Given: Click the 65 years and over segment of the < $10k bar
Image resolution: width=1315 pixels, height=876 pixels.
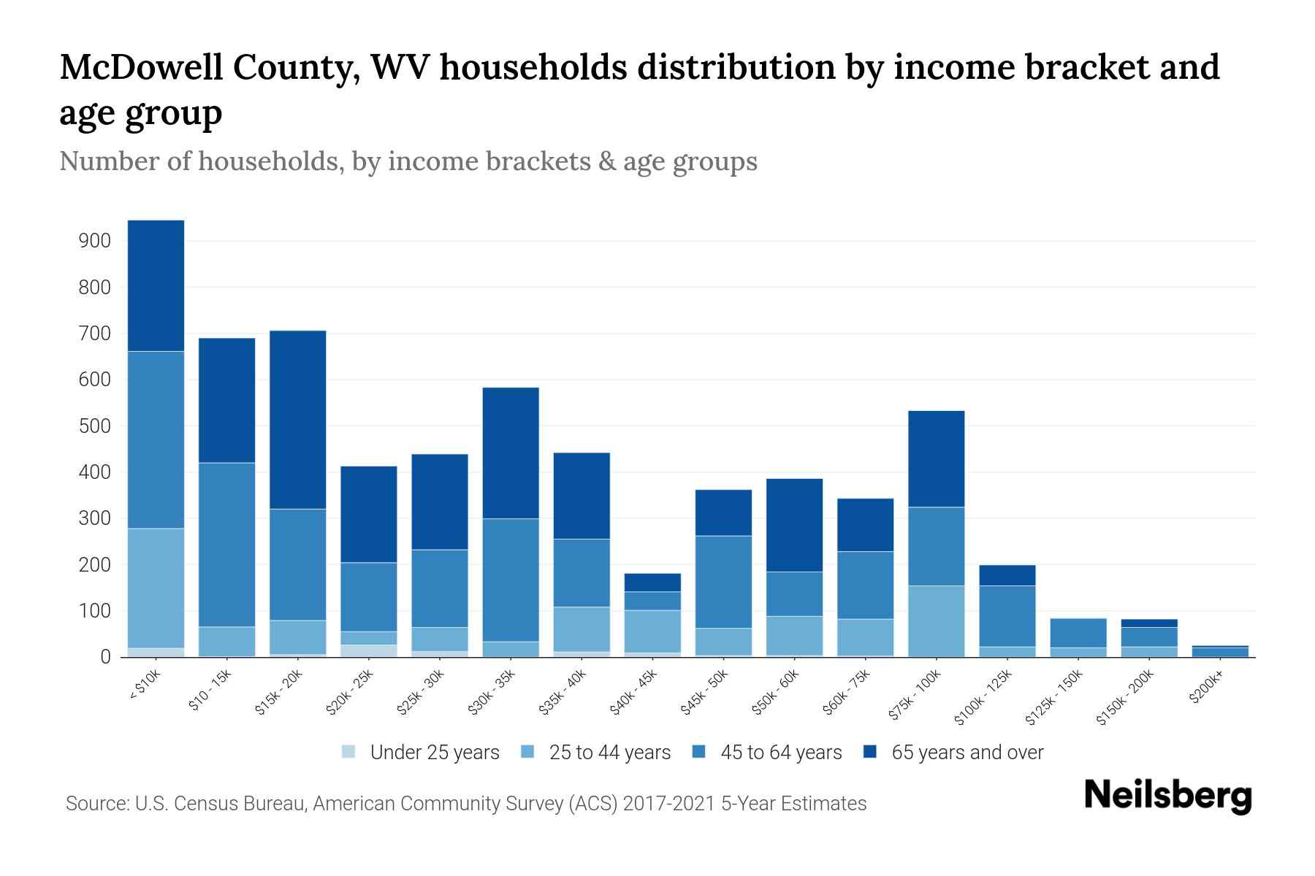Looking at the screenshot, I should (156, 285).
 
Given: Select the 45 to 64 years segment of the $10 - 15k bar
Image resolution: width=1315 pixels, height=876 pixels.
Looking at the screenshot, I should (226, 544).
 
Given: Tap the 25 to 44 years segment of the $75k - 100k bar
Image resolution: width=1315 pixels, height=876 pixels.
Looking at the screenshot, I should (936, 620).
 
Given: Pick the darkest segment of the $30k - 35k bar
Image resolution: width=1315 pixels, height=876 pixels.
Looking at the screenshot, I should (511, 453).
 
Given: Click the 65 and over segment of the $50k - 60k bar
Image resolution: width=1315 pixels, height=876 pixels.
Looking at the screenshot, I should (794, 525).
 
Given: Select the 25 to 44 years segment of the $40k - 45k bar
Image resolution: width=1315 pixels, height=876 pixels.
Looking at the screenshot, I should (652, 631).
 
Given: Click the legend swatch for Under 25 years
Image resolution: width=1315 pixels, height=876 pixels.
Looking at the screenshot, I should (349, 752).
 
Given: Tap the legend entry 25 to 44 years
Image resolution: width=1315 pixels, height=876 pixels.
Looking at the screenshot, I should (609, 753).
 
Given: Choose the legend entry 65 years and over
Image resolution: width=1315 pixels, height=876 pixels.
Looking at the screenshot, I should (967, 753).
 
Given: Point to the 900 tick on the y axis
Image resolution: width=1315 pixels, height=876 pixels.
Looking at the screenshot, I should (94, 241).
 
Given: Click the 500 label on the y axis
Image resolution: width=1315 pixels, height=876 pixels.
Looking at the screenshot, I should (94, 426).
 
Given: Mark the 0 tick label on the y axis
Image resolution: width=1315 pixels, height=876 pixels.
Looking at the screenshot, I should (105, 657).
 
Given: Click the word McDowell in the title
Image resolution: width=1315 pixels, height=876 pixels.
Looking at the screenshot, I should (137, 68).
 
